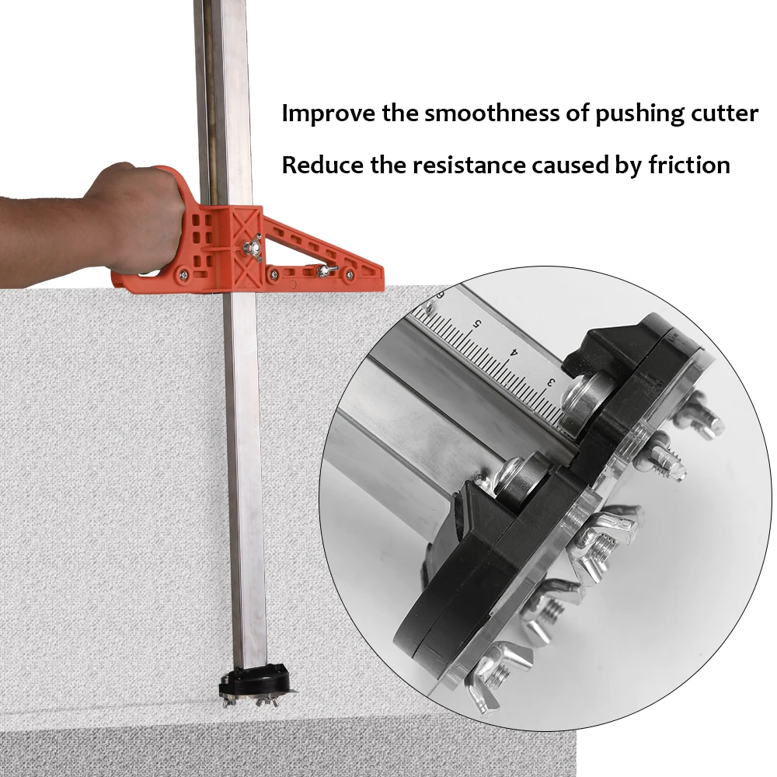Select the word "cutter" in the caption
[x=724, y=113]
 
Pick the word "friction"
[x=689, y=165]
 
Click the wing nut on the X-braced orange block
[x=250, y=249]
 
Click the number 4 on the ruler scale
[x=514, y=352]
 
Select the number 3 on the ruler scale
[x=551, y=382]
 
